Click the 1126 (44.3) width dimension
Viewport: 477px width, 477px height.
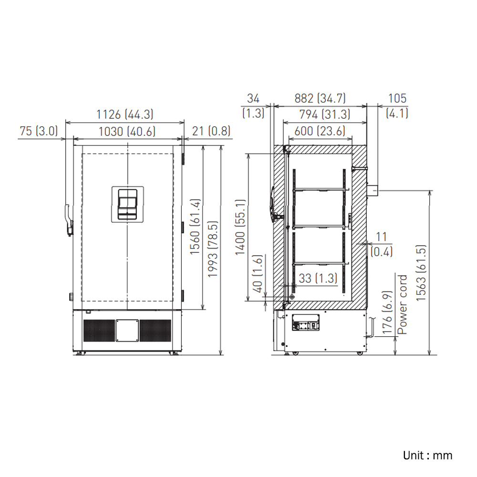tap(124, 114)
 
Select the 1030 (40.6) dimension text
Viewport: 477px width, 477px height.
tap(127, 132)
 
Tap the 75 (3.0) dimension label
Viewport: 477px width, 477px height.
tap(39, 131)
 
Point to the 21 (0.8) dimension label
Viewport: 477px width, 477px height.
tap(211, 131)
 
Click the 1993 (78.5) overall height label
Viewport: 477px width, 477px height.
tap(213, 249)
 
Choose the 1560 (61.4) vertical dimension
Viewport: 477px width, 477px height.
tap(195, 227)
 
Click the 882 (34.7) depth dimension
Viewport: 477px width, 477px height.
tap(320, 98)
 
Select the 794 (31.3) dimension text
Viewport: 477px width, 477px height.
tap(324, 114)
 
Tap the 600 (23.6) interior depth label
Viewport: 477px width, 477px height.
tap(320, 131)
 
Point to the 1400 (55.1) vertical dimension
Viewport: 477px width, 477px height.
tap(240, 227)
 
